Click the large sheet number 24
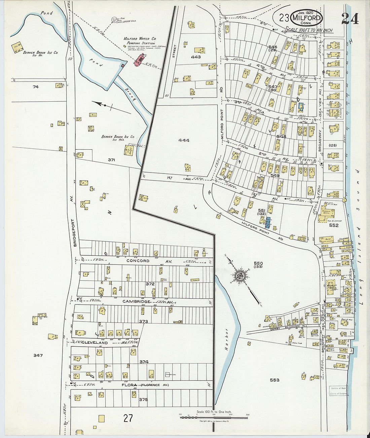point(350,18)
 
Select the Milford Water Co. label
point(140,39)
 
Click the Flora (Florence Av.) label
point(145,385)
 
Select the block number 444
point(184,140)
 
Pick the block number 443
point(196,57)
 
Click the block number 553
point(274,380)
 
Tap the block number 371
point(111,160)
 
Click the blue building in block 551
point(268,223)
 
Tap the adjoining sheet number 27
point(128,418)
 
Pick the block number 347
point(38,355)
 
